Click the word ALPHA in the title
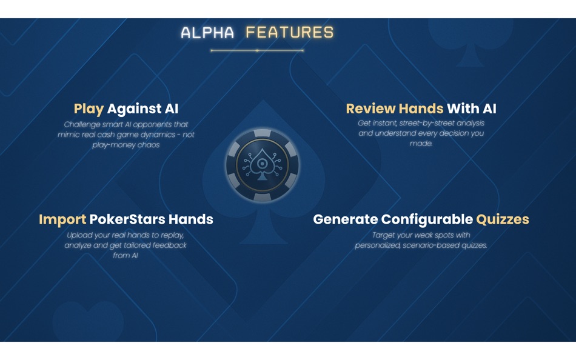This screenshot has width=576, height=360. (x=207, y=33)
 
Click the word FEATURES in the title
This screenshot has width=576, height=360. (x=290, y=33)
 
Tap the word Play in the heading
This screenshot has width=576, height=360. (x=89, y=109)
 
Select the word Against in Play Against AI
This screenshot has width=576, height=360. (x=134, y=109)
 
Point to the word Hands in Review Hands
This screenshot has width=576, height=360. (x=421, y=109)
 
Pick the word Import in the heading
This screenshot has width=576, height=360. (x=62, y=219)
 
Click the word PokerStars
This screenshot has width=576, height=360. (x=126, y=219)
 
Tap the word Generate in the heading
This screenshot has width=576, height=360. (x=345, y=219)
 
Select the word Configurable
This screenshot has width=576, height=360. (x=427, y=219)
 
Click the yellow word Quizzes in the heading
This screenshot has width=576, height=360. (x=503, y=219)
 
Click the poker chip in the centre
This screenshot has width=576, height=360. (x=263, y=165)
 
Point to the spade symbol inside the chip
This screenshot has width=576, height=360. (x=263, y=164)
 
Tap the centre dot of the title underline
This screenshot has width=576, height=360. (x=257, y=50)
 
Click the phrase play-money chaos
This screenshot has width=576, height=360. (x=126, y=145)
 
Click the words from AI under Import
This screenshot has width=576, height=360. (x=126, y=256)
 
